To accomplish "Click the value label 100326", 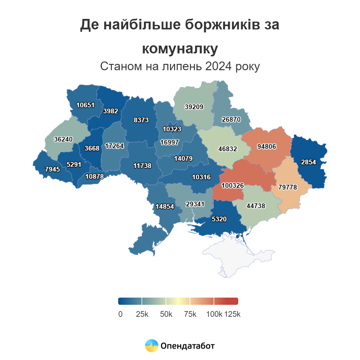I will (232, 185).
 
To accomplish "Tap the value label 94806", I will (266, 146).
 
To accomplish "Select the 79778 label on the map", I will (287, 187).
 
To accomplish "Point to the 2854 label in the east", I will (308, 162).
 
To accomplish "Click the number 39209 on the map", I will (194, 107).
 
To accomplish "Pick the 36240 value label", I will (63, 139).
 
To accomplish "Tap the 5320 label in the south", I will (219, 219).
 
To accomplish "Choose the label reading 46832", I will (227, 149).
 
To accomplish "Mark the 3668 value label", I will (92, 148).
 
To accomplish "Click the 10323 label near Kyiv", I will (172, 129).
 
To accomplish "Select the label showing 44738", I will (256, 206).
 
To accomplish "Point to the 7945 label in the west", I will (52, 169).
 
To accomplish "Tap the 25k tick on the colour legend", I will (142, 314).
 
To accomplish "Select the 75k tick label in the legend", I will (190, 314).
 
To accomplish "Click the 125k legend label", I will (232, 314).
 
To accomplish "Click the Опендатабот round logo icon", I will (151, 346).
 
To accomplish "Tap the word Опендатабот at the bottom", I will (187, 346).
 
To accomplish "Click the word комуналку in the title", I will (180, 49).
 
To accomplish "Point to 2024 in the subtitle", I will (218, 66).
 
